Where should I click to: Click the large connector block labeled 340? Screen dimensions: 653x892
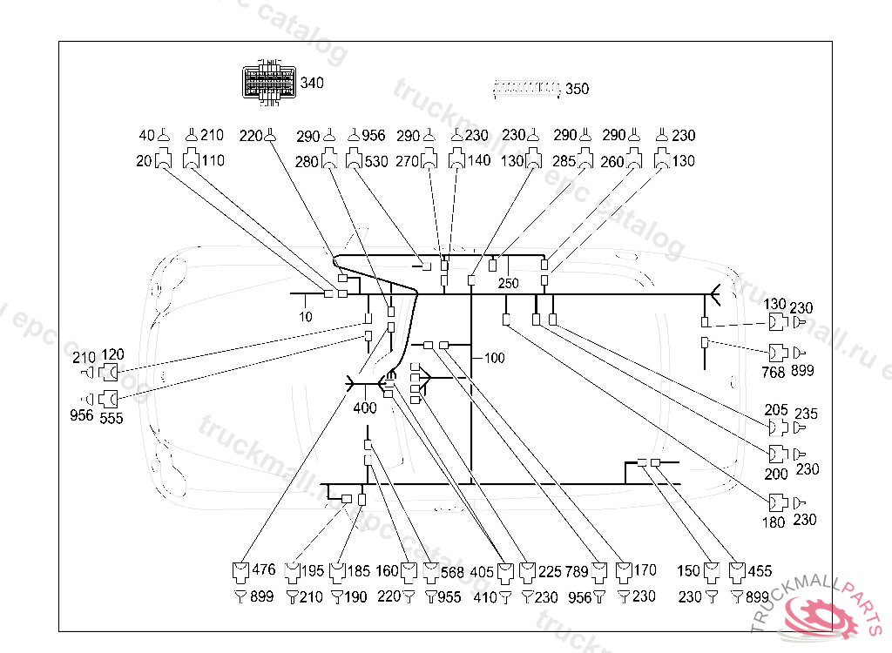pos(268,84)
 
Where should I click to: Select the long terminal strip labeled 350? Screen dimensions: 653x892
pos(526,87)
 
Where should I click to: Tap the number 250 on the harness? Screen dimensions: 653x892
pos(508,284)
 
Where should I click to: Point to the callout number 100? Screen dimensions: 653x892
pos(494,357)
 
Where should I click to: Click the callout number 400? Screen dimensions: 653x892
pos(365,407)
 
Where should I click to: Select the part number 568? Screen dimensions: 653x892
pos(452,572)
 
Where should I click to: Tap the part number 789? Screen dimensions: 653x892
pos(576,572)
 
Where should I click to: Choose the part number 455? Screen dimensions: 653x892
pos(759,572)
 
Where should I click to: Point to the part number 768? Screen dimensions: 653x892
pos(774,371)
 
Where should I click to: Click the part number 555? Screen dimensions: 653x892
pos(111,418)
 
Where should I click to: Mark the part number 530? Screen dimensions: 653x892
pos(375,161)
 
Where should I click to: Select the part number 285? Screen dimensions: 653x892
pos(564,161)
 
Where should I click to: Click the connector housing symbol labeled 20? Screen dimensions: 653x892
pos(163,161)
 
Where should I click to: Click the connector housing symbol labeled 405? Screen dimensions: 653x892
pos(506,573)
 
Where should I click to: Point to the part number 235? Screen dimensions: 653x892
pos(806,414)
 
